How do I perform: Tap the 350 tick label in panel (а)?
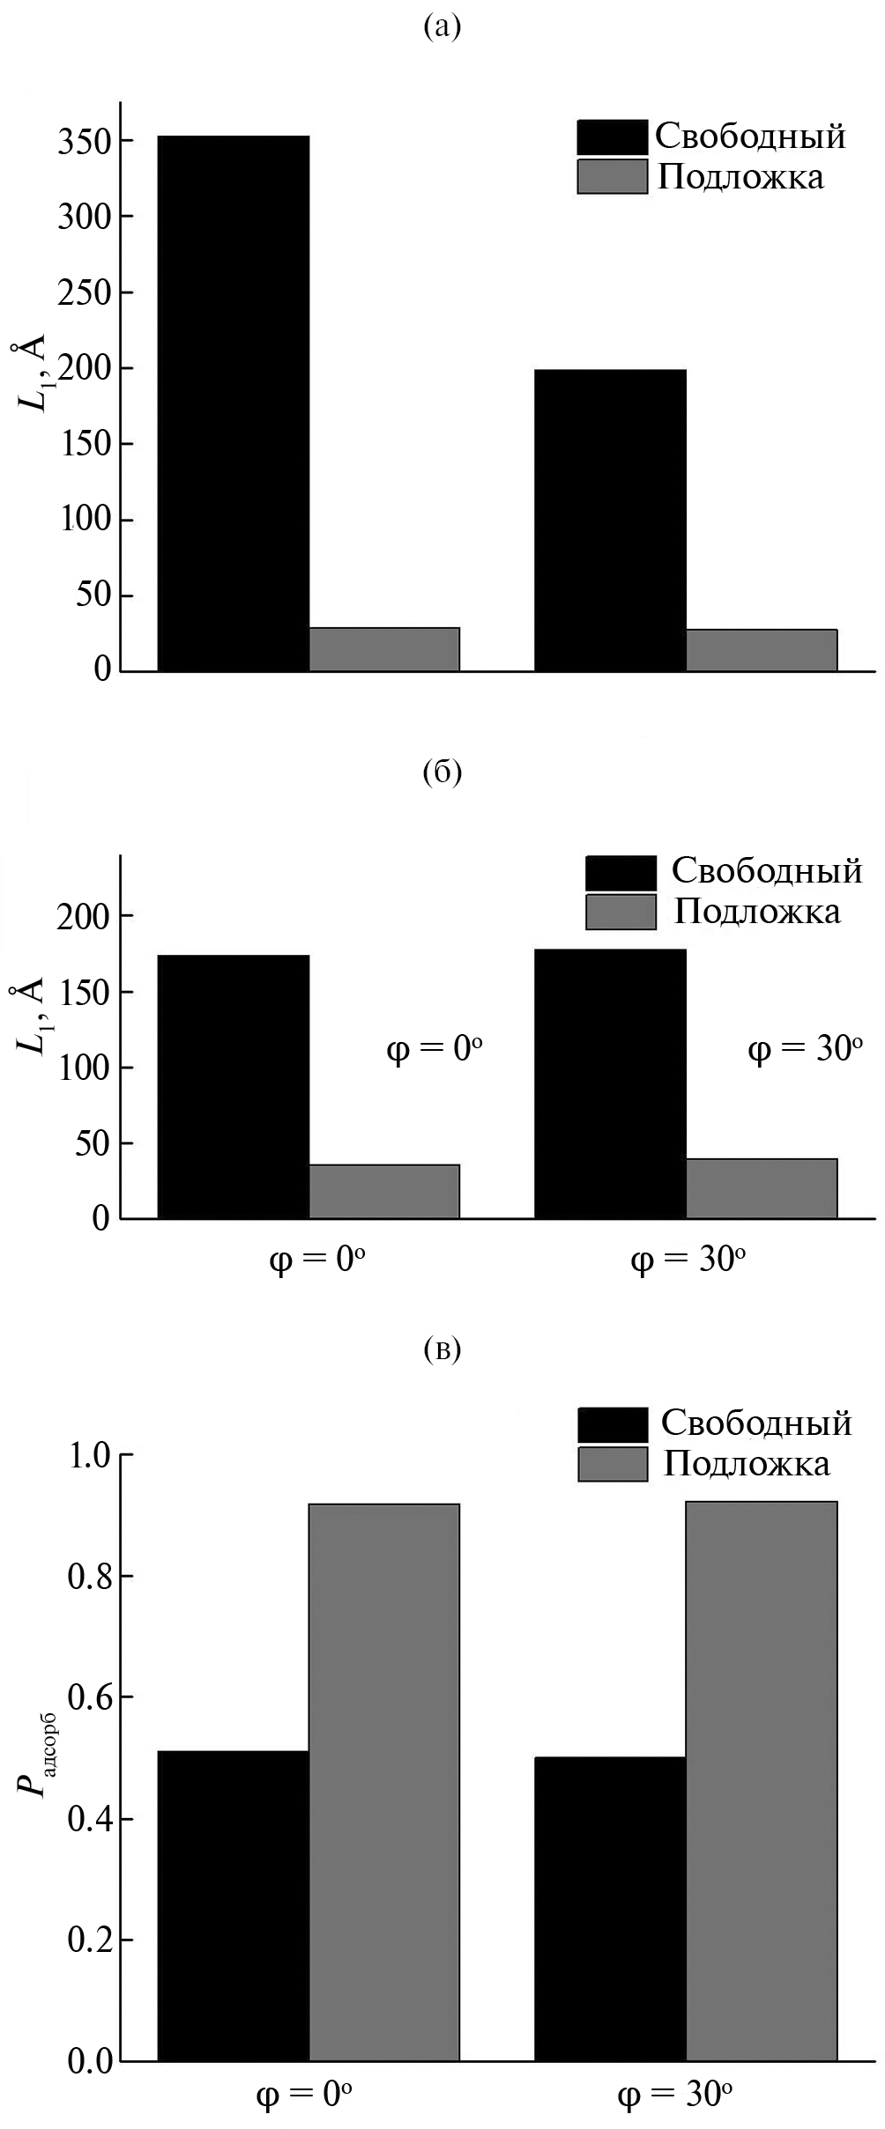coord(85,142)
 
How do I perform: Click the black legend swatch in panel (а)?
coord(612,137)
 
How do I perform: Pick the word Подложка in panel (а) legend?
coord(740,177)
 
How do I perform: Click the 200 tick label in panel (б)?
coord(85,917)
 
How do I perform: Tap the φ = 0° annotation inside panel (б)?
coord(435,1049)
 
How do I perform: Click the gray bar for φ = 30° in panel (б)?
coord(761,1188)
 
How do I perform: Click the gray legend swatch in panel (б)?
coord(621,912)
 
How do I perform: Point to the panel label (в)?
coord(442,1349)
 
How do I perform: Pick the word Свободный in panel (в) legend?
coord(756,1423)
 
